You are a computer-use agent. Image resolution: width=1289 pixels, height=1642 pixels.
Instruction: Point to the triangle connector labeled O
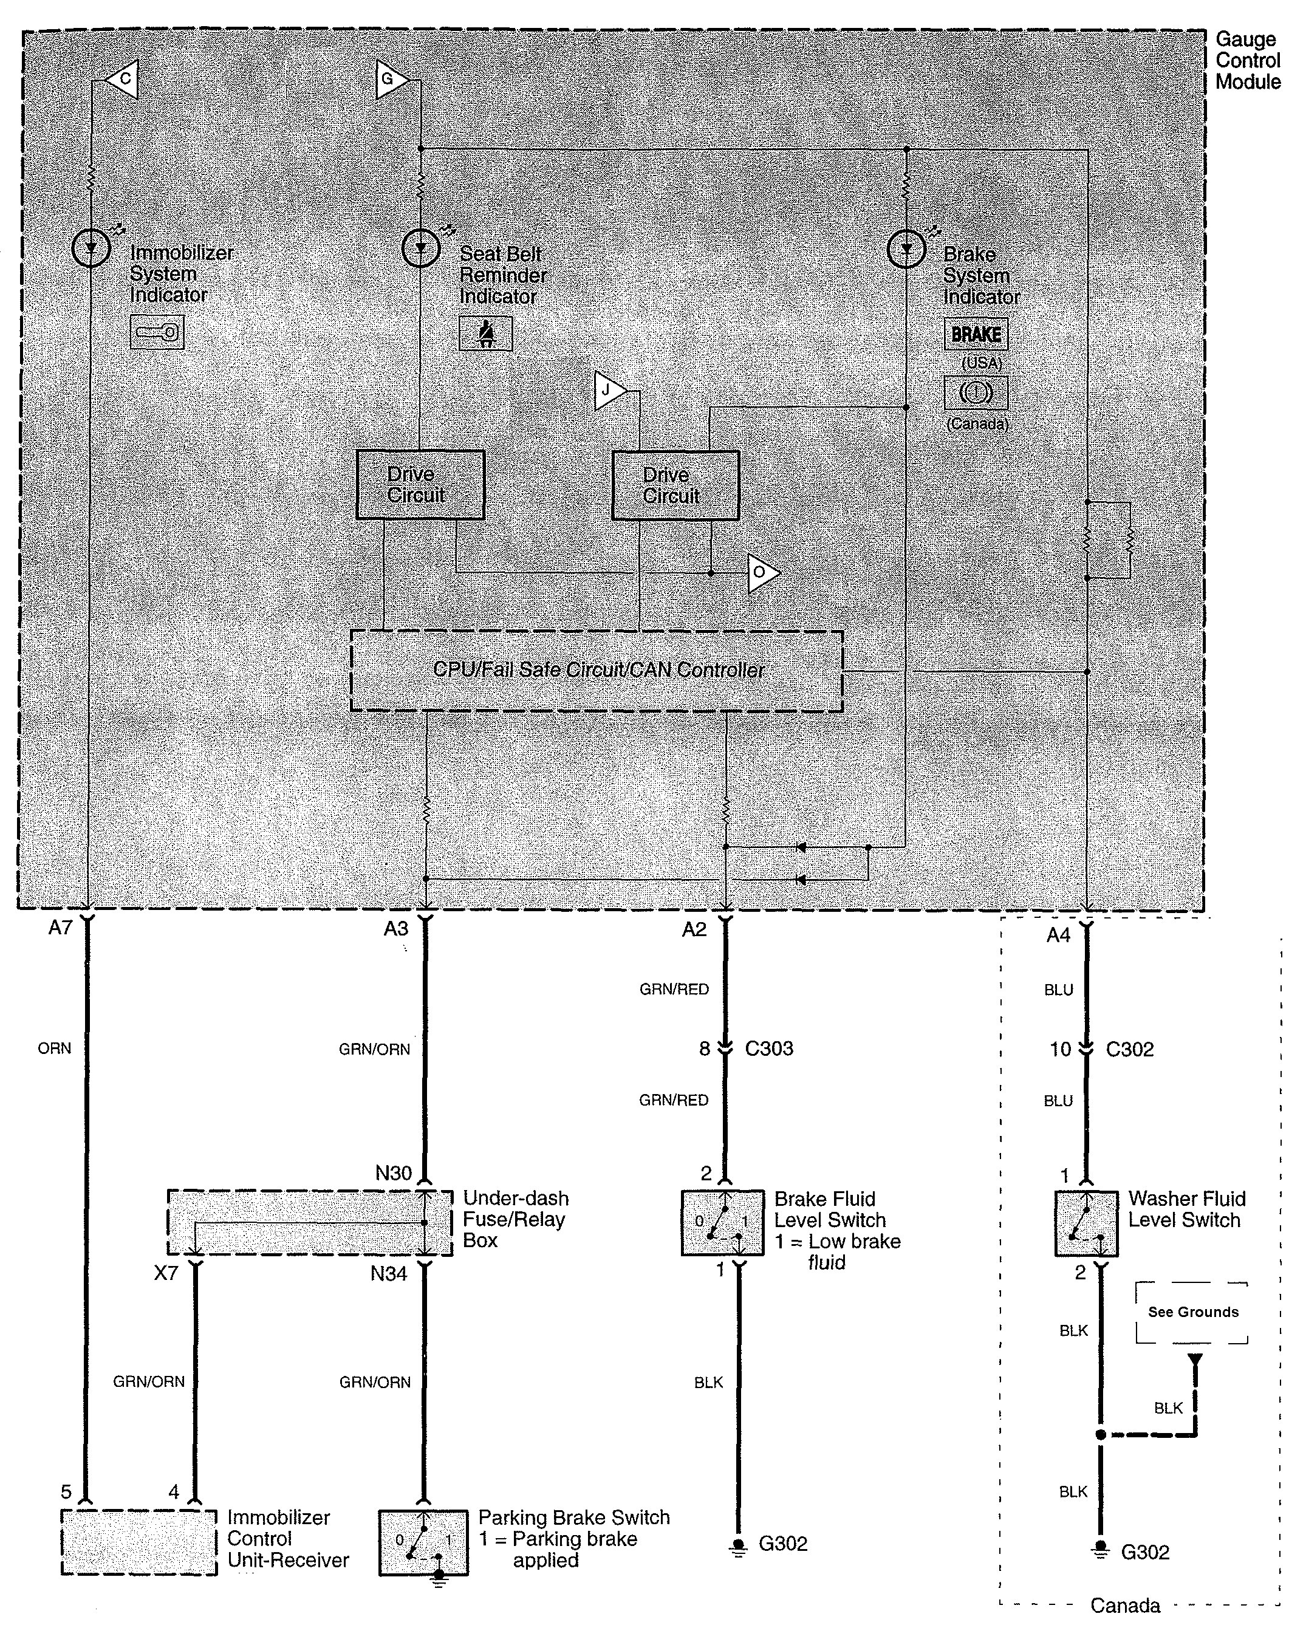click(x=762, y=573)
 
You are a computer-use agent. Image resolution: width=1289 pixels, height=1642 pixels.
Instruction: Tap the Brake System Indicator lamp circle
click(x=906, y=249)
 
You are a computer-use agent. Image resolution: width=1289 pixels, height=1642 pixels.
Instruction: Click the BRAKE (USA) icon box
click(x=976, y=334)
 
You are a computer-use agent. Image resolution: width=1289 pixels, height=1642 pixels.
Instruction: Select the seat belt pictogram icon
click(x=486, y=333)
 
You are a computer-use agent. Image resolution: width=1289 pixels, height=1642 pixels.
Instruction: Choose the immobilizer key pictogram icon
click(x=157, y=332)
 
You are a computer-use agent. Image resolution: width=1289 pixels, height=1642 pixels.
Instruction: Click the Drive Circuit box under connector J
click(x=675, y=485)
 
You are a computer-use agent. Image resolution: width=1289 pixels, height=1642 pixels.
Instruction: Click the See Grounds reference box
click(x=1192, y=1312)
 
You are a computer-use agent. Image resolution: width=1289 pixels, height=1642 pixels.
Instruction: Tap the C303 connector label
click(x=769, y=1048)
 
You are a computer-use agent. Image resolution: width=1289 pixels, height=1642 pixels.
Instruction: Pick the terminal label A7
click(x=60, y=928)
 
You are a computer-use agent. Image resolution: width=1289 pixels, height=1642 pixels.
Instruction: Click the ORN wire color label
click(x=54, y=1048)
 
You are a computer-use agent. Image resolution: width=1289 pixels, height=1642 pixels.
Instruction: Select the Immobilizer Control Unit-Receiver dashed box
click(x=139, y=1542)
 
